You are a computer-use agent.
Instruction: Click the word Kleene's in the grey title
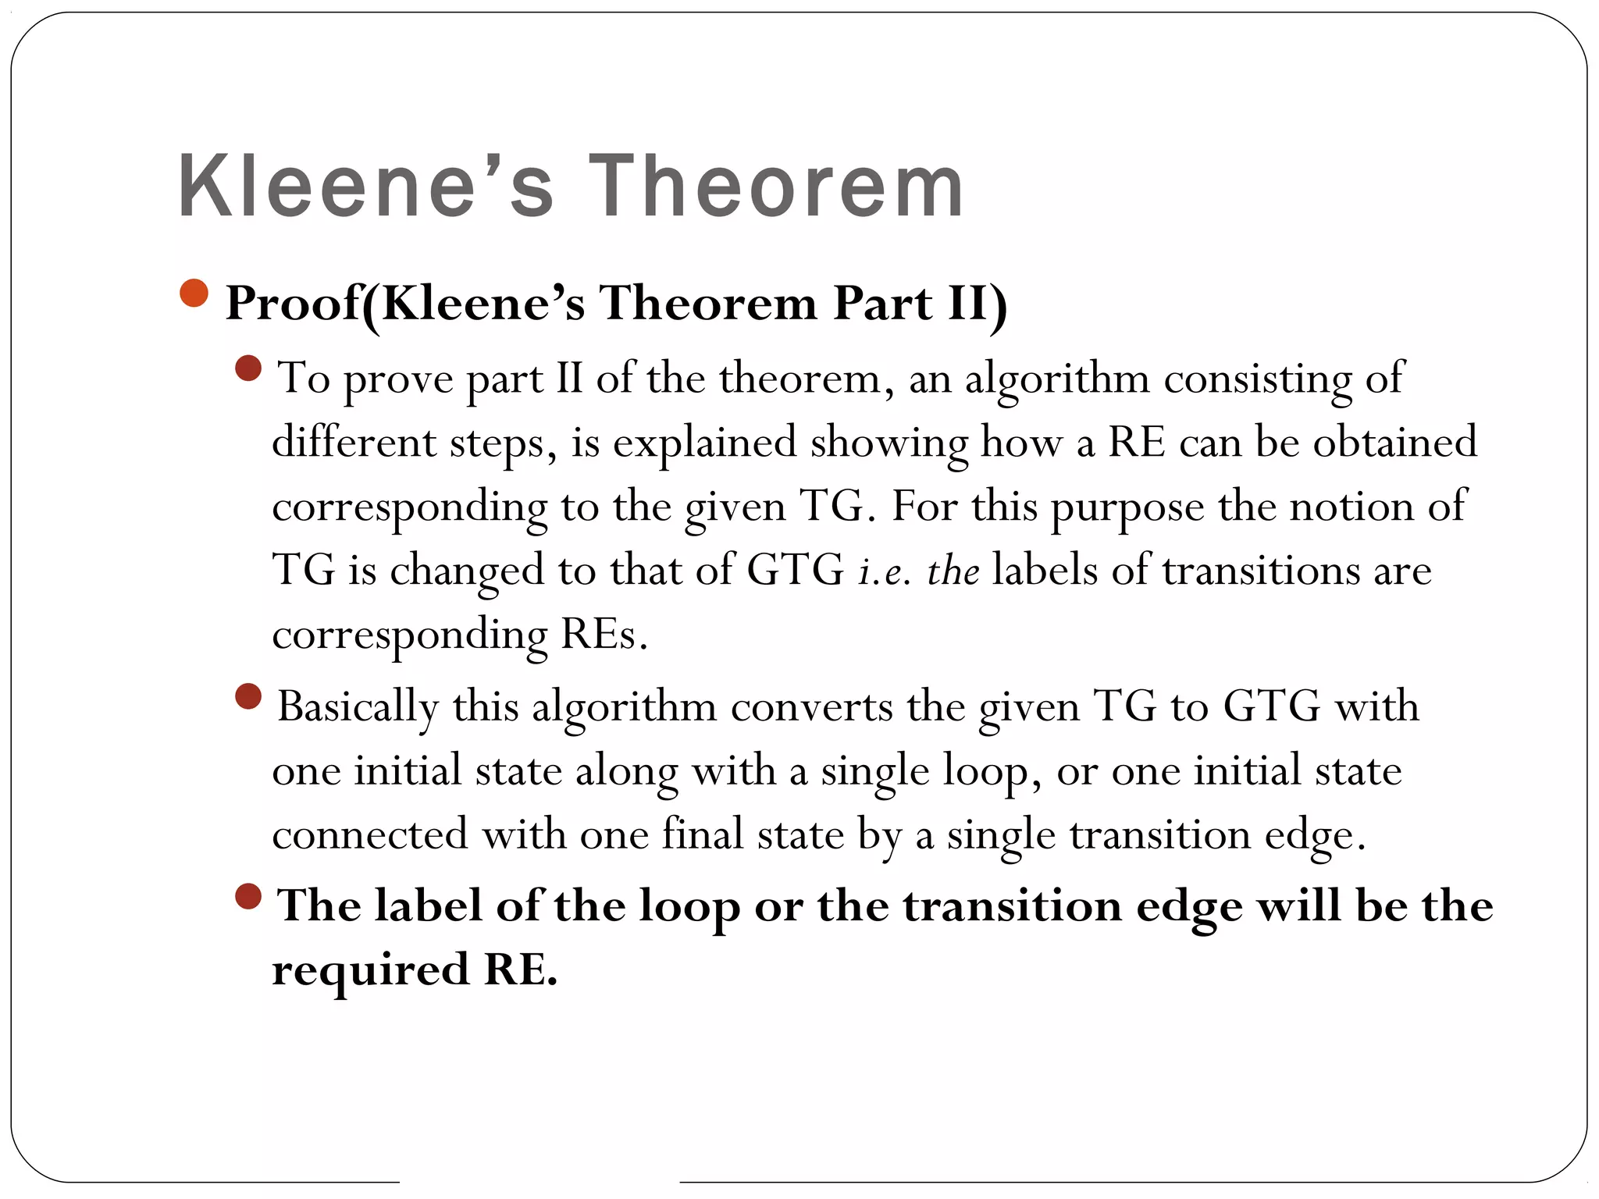click(367, 187)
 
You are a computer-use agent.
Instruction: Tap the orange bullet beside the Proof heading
click(194, 294)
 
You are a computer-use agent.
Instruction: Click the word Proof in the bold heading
click(293, 304)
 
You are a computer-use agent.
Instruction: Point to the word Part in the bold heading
click(882, 304)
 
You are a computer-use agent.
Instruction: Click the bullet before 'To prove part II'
click(248, 368)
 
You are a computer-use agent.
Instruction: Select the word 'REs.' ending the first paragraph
click(604, 635)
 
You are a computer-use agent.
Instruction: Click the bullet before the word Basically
click(248, 696)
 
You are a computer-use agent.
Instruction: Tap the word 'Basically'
click(358, 708)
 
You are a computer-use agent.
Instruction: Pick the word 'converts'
click(812, 707)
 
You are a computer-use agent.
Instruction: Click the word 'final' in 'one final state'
click(703, 834)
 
